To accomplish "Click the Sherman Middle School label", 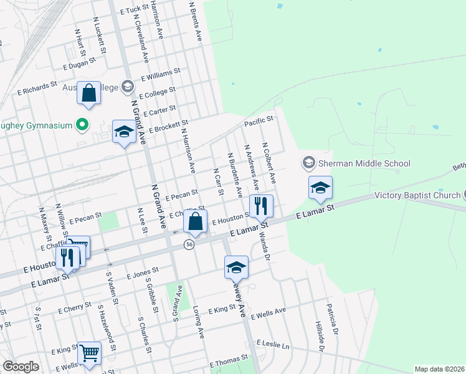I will (364, 163).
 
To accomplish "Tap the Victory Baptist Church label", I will (417, 195).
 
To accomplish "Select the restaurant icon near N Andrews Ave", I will (261, 205).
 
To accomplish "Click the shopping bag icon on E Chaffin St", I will (195, 221).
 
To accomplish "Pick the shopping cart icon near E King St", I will (90, 353).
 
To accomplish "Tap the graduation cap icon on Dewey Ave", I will (236, 267).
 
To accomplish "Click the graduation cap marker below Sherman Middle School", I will (320, 187).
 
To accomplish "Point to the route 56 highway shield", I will (188, 245).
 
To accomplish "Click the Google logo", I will (21, 367).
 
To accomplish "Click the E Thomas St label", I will (229, 361).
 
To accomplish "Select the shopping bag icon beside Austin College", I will (89, 93).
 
